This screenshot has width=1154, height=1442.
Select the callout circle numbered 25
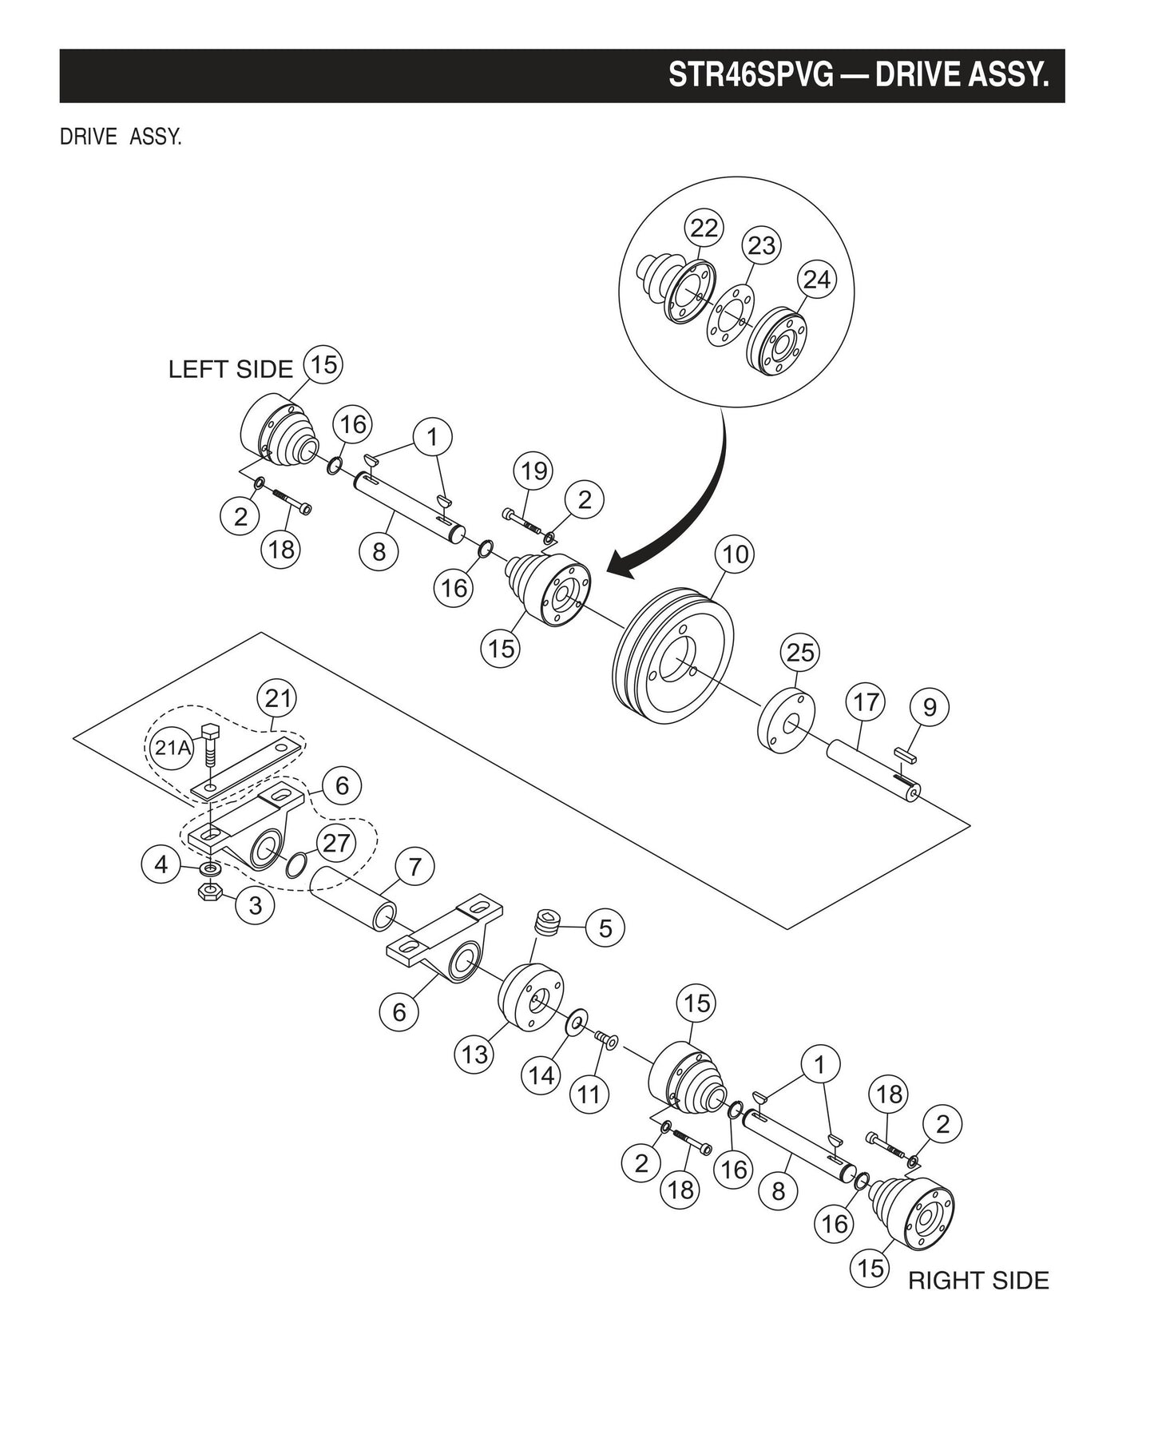800,653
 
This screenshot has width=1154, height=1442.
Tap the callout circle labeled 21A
173,748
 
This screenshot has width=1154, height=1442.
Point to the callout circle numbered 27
336,843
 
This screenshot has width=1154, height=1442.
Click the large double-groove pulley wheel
673,657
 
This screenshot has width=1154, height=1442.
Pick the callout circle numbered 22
704,228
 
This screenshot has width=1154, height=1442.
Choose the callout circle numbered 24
817,280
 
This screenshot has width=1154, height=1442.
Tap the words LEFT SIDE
231,369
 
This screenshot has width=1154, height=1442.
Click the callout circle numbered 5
605,928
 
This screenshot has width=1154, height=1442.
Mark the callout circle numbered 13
474,1054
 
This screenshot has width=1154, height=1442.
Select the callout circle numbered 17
866,702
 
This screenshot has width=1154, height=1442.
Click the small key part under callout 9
906,750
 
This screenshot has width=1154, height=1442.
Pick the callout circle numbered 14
541,1075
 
